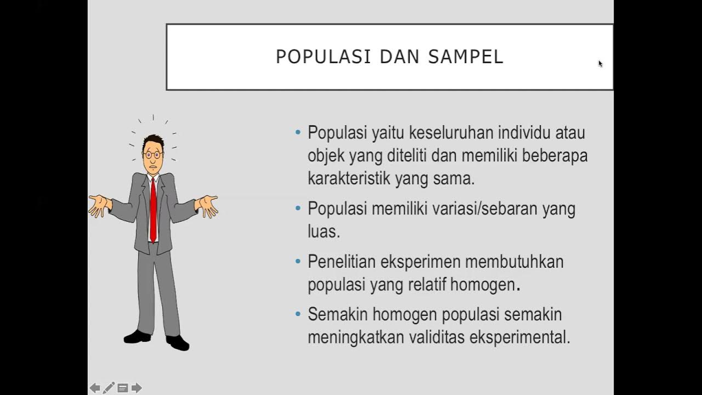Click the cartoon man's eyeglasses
pos(152,155)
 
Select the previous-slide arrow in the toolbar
pos(95,388)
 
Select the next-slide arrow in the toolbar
pos(137,388)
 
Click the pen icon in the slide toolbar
pos(109,388)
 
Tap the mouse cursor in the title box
pos(601,64)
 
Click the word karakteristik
pos(348,178)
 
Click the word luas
pos(324,232)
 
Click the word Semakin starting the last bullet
pos(337,315)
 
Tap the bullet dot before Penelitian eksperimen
pos(298,261)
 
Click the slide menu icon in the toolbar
pos(123,388)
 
